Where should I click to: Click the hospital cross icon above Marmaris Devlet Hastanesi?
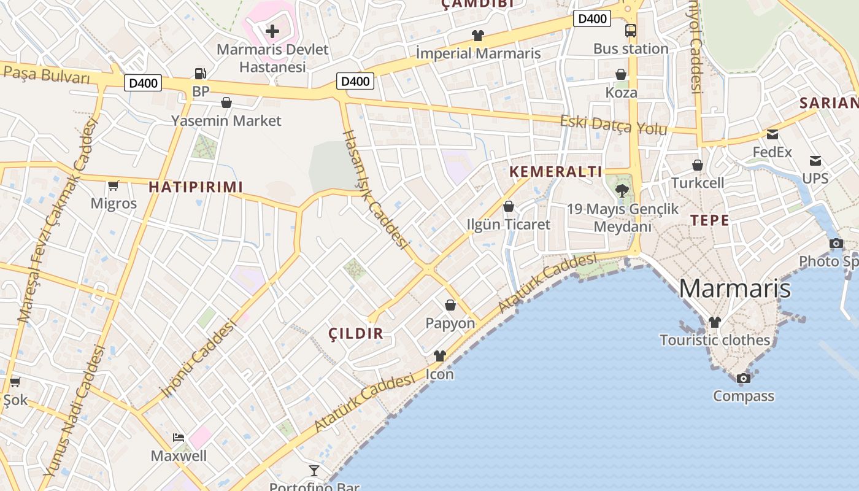coord(272,31)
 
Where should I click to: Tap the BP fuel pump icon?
coord(200,74)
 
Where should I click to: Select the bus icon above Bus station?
coord(630,31)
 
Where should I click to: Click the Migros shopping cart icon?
coord(113,185)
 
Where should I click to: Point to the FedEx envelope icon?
coord(772,134)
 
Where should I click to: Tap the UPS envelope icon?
coord(815,161)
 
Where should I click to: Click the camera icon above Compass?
coord(743,378)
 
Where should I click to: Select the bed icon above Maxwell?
coord(179,438)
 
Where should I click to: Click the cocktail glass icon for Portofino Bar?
coord(314,471)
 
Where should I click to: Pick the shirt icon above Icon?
coord(439,356)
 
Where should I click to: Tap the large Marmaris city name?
coord(734,288)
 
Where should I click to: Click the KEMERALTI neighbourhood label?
coord(557,172)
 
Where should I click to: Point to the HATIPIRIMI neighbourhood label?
coord(196,187)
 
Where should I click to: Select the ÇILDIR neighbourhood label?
coord(356,334)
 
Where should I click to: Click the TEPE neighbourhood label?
coord(710,220)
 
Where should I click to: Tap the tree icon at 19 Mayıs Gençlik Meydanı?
coord(622,190)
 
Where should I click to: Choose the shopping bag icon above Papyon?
coord(450,305)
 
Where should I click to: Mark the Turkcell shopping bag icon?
coord(697,165)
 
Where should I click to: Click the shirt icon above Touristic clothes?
coord(714,322)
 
